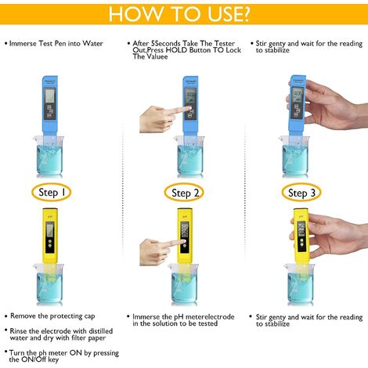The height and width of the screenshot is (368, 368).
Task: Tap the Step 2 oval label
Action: (186, 193)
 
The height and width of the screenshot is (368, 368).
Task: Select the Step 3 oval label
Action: (307, 193)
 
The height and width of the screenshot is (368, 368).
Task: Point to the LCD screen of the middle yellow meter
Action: (185, 232)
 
